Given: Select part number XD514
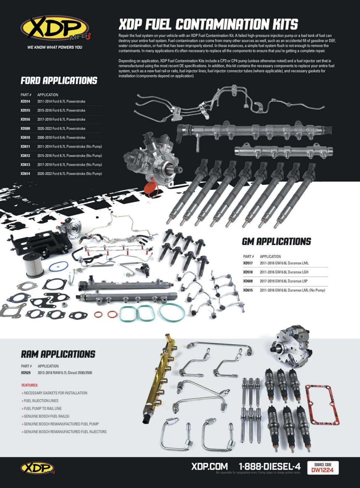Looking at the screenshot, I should tap(26, 101).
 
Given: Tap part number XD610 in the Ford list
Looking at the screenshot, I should tap(26, 138).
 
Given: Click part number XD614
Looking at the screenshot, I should tap(26, 174).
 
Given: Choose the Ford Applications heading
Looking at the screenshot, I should tap(59, 81).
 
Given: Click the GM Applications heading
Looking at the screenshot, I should tap(276, 242).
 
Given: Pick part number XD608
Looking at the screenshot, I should tap(248, 281).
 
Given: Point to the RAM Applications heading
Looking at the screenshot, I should tap(58, 354).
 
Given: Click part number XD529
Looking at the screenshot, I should tap(26, 373).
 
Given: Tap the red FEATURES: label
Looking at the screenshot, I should tap(30, 385).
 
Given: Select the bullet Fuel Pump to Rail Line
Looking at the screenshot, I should tap(42, 409).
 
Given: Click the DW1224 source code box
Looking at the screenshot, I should tap(323, 468).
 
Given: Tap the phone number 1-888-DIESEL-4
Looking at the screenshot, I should tap(270, 466).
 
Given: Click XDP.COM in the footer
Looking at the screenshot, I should tap(209, 466).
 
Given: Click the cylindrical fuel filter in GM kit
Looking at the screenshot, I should tap(33, 265).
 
